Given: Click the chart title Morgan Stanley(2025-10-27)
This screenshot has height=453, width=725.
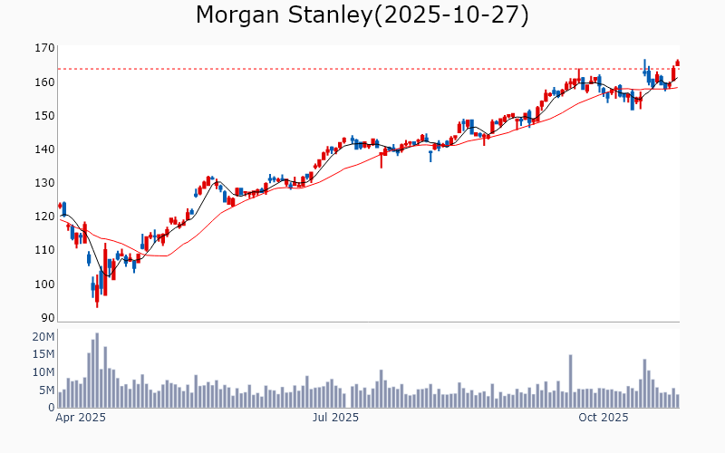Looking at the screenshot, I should [362, 15].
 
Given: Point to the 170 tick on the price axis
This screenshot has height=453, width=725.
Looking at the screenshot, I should [44, 48].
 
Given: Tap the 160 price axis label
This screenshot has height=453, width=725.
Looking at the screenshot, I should [44, 82].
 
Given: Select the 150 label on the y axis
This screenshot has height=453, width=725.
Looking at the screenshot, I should [44, 115].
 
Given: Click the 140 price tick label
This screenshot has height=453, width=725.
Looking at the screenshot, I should [44, 149].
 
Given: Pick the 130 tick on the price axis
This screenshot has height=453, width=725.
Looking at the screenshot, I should [44, 182].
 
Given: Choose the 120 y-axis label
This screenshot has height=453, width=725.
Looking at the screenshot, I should [44, 217].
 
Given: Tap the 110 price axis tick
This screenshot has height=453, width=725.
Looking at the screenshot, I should [44, 250].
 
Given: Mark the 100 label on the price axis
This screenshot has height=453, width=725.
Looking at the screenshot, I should [44, 284].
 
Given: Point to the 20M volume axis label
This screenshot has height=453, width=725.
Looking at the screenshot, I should [43, 337].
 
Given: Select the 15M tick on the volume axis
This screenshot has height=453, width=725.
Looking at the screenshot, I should [43, 354].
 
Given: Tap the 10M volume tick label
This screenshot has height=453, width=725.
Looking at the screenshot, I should [43, 372].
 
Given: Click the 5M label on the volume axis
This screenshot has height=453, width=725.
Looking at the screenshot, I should [46, 390].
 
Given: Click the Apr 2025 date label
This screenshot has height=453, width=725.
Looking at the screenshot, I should [81, 418].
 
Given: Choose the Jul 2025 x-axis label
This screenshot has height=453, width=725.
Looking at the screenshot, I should [335, 418].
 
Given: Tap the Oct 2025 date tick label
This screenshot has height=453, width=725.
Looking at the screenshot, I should [604, 418].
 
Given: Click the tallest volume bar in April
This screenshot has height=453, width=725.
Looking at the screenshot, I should [97, 371].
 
